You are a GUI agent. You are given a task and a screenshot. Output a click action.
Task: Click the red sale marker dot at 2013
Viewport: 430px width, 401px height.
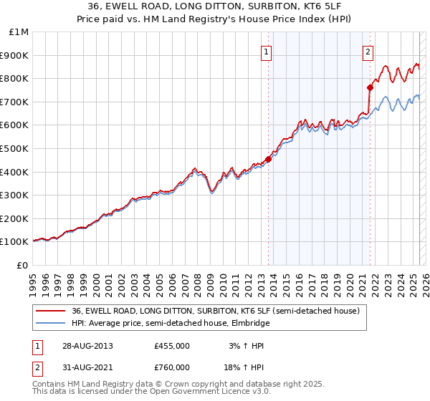[x=269, y=159]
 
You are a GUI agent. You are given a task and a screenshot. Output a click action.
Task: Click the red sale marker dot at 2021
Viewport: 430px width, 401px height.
[x=370, y=87]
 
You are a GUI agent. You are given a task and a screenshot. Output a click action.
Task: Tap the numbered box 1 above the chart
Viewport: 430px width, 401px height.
[x=266, y=51]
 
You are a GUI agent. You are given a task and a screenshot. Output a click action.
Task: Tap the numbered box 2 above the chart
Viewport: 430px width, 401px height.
[x=368, y=51]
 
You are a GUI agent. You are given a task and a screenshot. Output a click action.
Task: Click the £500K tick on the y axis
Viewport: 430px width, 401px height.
[x=16, y=148]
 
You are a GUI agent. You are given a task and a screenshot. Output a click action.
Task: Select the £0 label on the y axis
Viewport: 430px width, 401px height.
[x=23, y=265]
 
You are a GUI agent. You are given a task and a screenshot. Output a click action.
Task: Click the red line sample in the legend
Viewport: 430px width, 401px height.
[x=50, y=311]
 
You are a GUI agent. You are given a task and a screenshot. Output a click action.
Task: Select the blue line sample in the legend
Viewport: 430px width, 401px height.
[x=50, y=323]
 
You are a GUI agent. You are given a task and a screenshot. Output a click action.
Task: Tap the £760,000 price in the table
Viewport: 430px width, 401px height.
[x=172, y=367]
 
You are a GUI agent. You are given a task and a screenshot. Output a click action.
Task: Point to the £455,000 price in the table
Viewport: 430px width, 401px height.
[x=172, y=346]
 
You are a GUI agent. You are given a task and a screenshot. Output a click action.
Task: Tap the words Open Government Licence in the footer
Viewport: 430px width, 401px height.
[x=196, y=393]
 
